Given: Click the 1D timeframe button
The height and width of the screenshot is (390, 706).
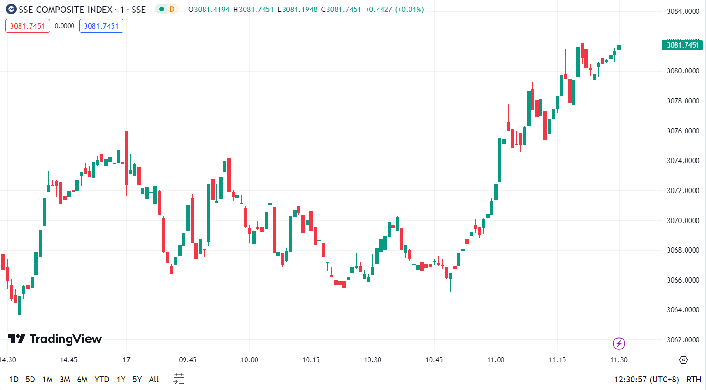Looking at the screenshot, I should [14, 380].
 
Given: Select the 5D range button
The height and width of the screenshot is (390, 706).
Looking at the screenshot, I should [30, 380].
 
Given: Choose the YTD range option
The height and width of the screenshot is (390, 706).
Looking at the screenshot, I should [102, 380].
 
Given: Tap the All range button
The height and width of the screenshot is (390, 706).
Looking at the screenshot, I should [153, 380].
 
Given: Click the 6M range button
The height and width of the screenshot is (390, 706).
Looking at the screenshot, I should [82, 380].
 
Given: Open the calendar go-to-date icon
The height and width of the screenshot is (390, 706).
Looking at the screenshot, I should [179, 379].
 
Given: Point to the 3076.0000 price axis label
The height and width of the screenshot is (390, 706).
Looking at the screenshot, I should [683, 131].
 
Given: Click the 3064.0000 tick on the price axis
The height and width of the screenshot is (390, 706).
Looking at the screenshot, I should [683, 310].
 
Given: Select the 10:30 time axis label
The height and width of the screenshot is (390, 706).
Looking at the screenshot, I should [372, 360].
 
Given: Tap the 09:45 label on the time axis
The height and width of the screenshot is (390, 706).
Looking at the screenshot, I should [187, 360].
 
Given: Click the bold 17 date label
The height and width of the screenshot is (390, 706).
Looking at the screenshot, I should [126, 360].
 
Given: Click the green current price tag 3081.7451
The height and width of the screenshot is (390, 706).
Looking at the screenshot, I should [682, 45].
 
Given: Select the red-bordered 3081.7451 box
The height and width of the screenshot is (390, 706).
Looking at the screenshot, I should [27, 26].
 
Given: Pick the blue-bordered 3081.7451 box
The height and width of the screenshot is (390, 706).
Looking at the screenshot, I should [101, 26].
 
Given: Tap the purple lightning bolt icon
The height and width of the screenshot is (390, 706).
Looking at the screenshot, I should [619, 343].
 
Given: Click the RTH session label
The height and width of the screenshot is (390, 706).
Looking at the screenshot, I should [694, 380].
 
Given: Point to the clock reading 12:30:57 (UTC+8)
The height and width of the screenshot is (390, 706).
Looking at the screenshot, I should [646, 380].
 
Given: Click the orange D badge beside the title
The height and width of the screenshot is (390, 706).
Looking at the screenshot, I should [172, 9].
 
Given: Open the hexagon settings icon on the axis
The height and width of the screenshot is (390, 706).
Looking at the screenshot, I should [684, 360].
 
